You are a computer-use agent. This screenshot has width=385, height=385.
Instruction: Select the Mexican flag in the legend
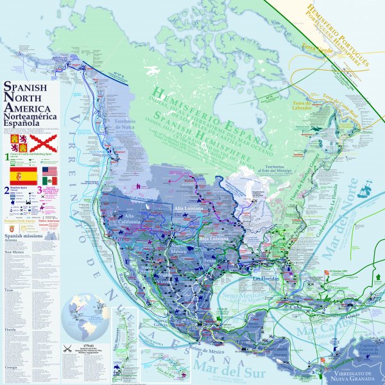point(50,181)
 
